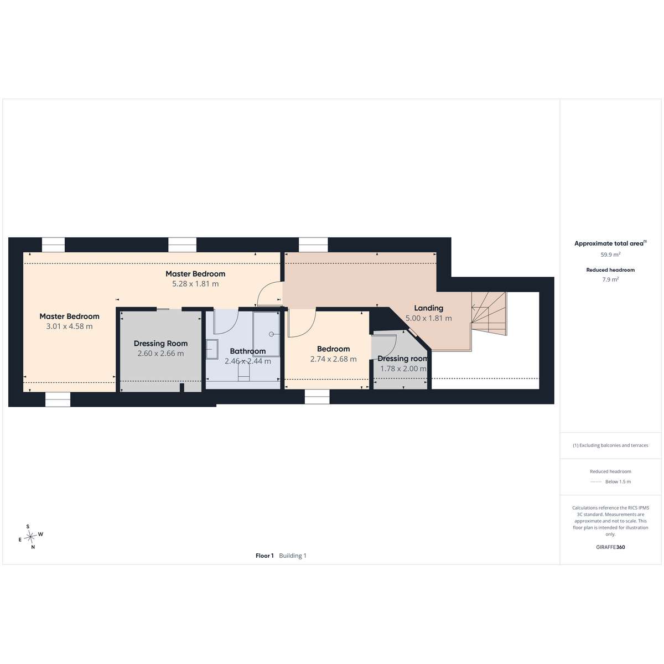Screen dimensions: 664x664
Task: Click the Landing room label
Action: (428, 308)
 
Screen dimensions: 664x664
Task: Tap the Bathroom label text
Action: (248, 351)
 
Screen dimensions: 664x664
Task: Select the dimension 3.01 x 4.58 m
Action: (70, 326)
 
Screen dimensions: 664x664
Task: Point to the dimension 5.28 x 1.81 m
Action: (195, 284)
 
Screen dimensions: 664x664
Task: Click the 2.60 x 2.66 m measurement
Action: (160, 353)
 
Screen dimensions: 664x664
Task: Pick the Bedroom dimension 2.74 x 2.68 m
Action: (333, 359)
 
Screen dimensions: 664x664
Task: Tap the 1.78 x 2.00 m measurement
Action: (403, 369)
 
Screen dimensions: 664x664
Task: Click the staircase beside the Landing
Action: (489, 314)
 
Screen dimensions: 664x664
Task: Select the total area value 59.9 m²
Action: (610, 255)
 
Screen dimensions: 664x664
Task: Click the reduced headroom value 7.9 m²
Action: (610, 279)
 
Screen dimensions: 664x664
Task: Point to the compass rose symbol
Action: (31, 536)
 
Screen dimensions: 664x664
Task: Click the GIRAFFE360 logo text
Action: (610, 547)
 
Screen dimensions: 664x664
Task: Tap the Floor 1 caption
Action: (264, 556)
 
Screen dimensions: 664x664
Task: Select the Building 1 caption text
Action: (293, 556)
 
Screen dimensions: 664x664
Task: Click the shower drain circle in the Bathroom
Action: (271, 334)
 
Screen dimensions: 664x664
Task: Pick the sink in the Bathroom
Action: (212, 349)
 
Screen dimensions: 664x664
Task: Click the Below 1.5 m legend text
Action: (618, 482)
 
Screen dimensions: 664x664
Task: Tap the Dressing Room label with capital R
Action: (160, 344)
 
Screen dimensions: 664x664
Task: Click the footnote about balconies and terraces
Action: (610, 445)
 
